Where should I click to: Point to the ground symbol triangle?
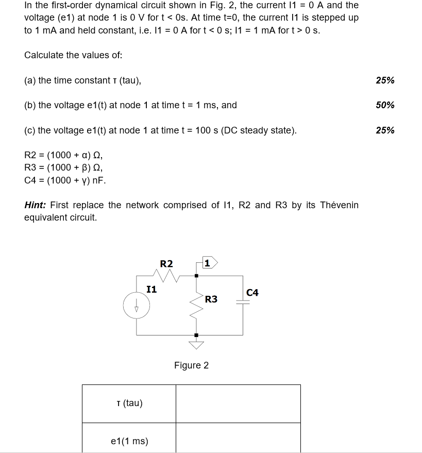pos(196,343)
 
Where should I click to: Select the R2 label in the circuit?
pos(166,264)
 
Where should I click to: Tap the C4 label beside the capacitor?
pos(252,293)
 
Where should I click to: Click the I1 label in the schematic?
pos(151,289)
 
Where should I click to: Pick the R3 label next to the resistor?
pos(211,299)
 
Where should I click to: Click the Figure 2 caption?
pos(191,365)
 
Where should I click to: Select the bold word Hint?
pos(36,205)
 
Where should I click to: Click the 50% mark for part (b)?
pos(385,105)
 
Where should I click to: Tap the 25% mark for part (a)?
pos(385,80)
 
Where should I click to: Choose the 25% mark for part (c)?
pos(385,130)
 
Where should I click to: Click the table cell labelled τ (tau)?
pos(129,403)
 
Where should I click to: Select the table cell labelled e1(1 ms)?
pos(129,441)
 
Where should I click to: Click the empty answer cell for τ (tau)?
pos(238,404)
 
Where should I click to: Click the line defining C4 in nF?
pos(65,180)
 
